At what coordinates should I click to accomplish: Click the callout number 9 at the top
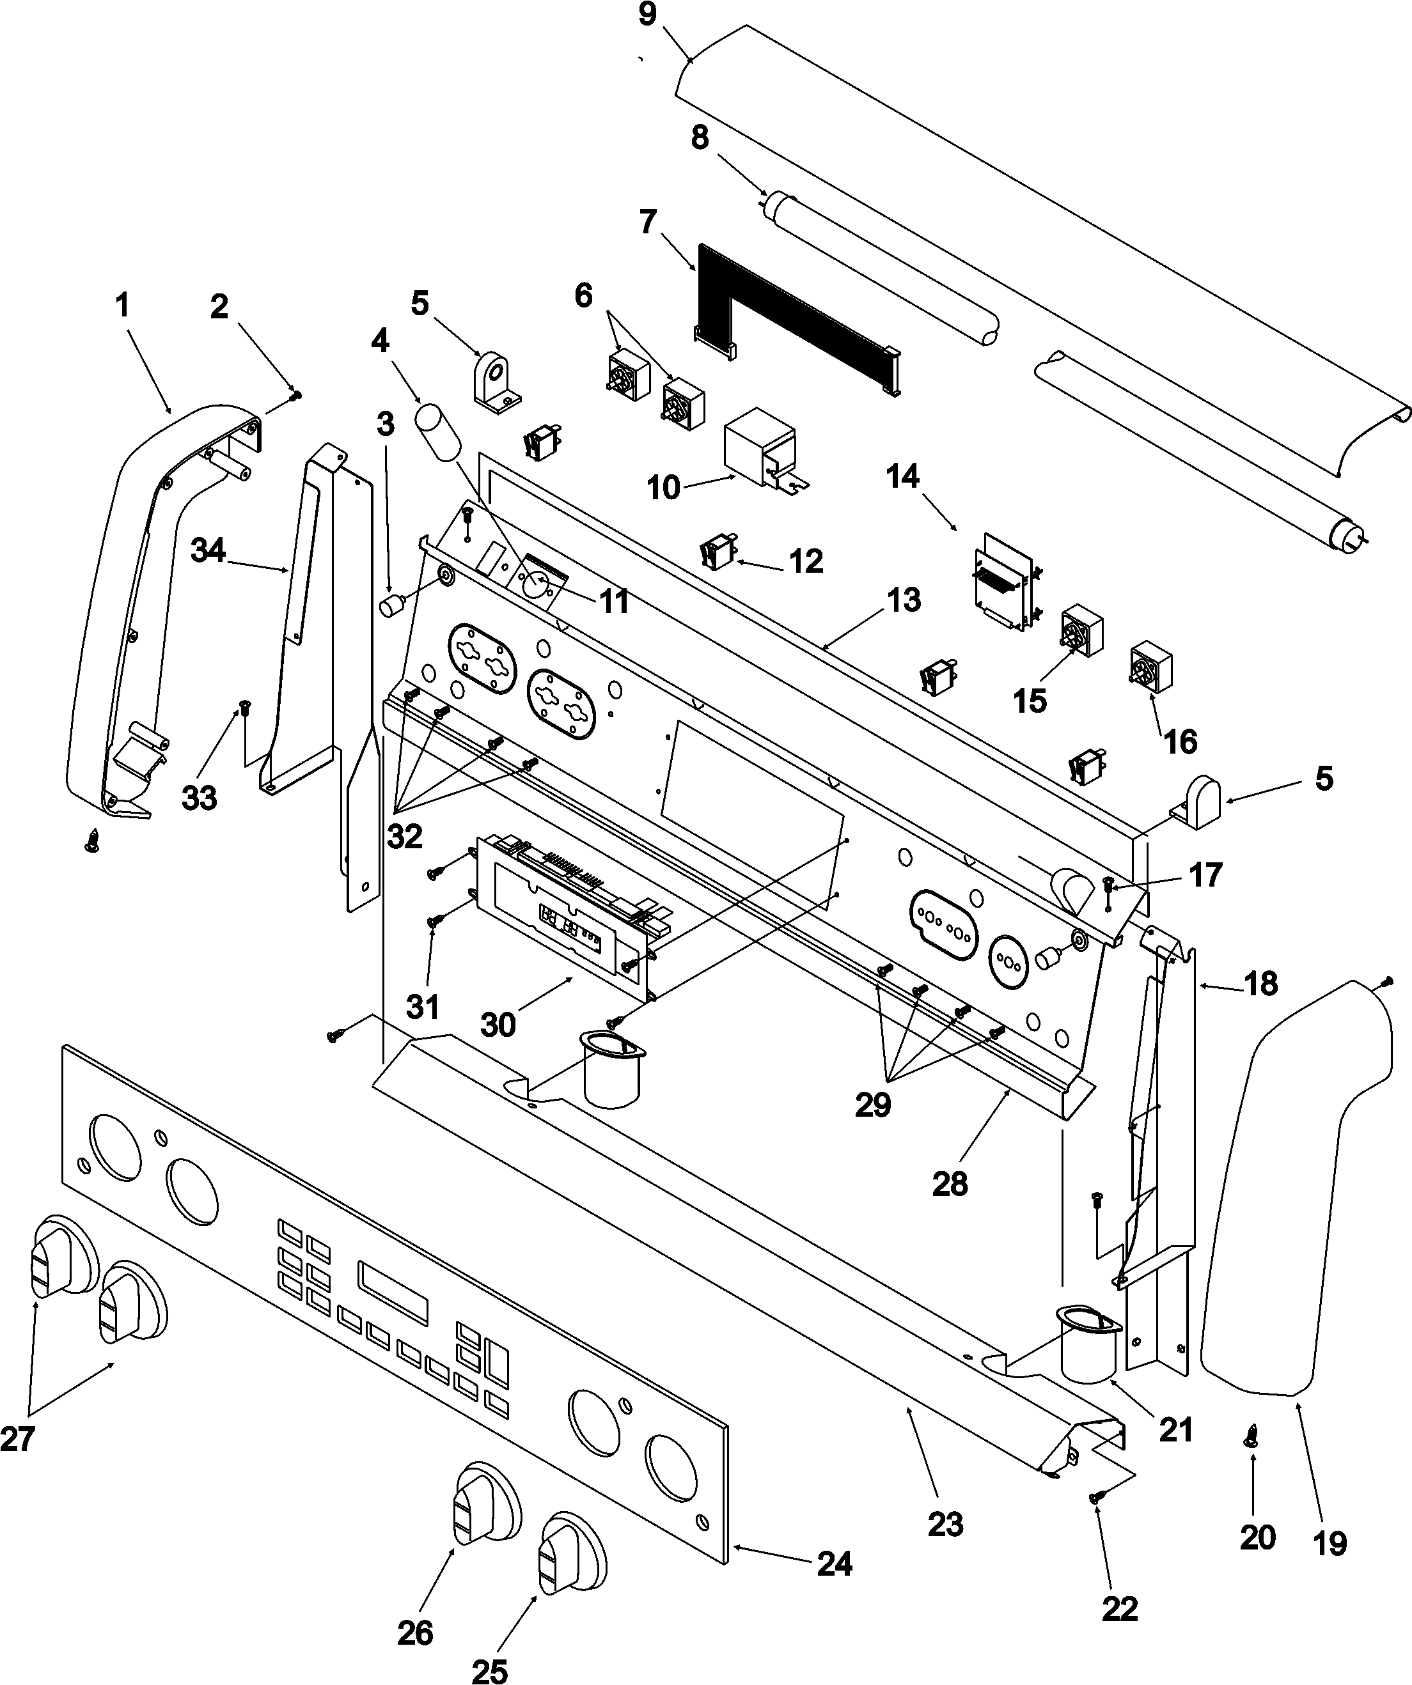click(648, 15)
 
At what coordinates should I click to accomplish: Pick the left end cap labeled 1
click(120, 610)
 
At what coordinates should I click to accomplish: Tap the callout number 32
click(405, 837)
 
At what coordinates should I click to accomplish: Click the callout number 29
click(872, 1106)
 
